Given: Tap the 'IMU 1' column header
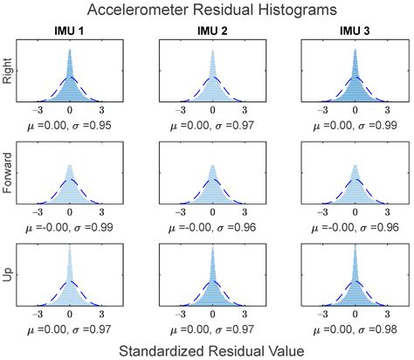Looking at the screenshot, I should tap(70, 33).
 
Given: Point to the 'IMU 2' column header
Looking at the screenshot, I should tap(212, 33).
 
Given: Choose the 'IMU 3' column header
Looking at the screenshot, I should tap(355, 33).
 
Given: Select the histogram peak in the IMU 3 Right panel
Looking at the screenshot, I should tap(355, 47).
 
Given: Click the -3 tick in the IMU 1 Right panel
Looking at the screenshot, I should tap(38, 112).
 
